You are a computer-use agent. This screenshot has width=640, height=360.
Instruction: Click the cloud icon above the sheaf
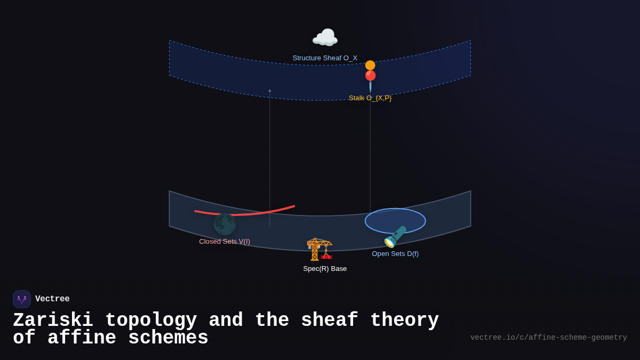(x=325, y=38)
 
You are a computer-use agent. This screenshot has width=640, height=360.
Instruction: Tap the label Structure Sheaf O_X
(x=325, y=58)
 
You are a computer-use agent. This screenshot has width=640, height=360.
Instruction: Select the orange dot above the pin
(x=370, y=65)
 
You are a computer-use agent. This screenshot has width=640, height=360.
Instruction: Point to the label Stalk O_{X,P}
(x=370, y=98)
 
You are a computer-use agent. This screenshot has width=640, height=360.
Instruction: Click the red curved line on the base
(x=245, y=213)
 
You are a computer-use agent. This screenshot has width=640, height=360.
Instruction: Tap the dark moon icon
(x=225, y=224)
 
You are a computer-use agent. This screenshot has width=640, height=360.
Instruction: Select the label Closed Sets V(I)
(x=225, y=242)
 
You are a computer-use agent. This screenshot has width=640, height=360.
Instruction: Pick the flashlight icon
(x=395, y=237)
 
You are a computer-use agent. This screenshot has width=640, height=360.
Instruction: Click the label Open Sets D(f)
(x=395, y=254)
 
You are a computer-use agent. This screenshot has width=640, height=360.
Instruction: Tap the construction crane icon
(x=319, y=249)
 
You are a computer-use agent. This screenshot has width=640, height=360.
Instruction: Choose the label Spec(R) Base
(x=325, y=269)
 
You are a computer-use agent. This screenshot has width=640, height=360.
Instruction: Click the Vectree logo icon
(x=22, y=299)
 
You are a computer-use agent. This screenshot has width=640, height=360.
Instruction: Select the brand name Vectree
(x=52, y=299)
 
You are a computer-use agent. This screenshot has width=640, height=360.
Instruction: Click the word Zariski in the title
(x=53, y=321)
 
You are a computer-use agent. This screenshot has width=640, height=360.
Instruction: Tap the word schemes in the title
(x=168, y=338)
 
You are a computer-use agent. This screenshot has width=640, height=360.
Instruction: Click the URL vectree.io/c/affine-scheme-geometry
(x=548, y=338)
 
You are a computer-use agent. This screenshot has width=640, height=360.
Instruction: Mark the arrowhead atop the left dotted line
(x=270, y=91)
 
